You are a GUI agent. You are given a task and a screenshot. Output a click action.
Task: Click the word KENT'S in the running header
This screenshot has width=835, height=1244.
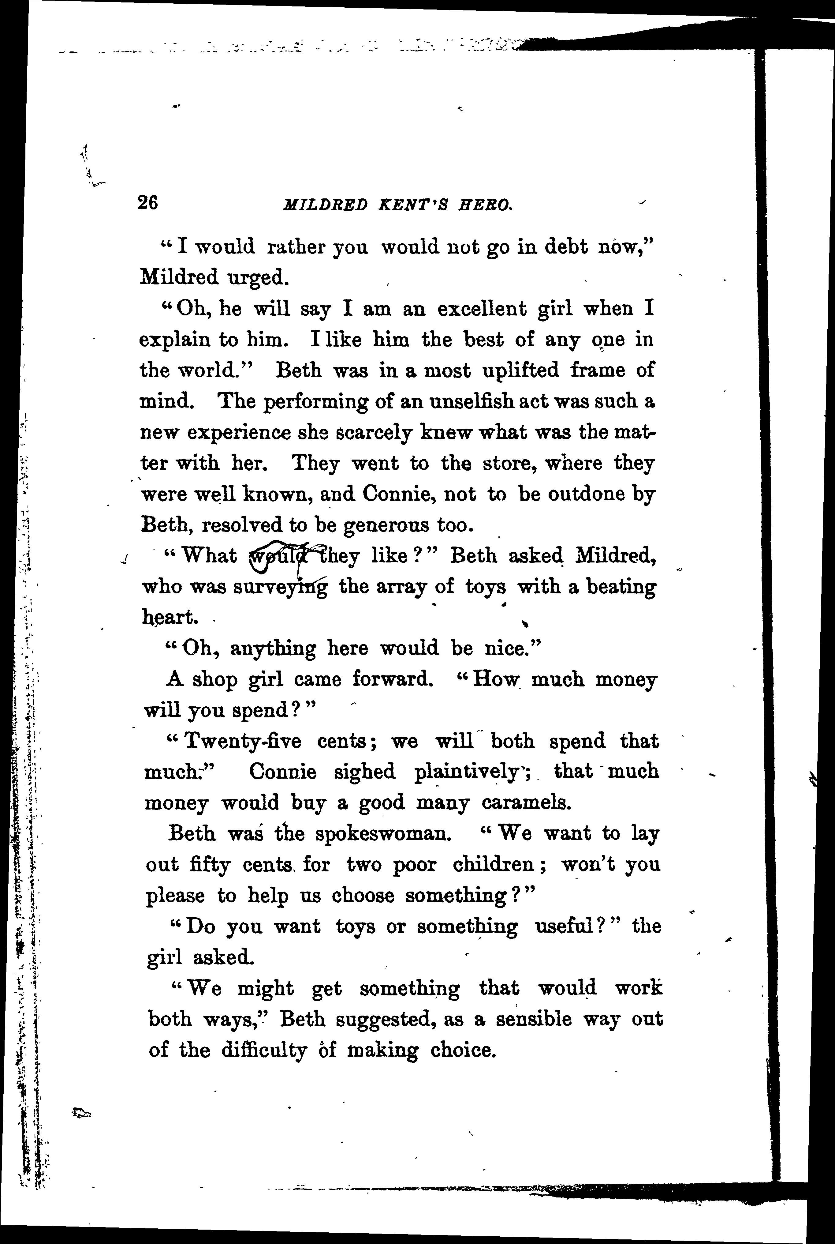tap(411, 205)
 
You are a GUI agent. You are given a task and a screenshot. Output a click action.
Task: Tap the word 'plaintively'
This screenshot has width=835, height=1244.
tap(467, 772)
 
